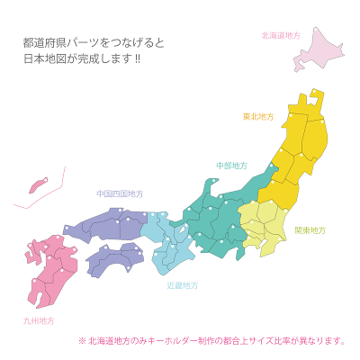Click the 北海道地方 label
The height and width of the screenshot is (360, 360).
280,36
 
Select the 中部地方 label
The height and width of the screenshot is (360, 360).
232,166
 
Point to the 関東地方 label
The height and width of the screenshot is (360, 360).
310,230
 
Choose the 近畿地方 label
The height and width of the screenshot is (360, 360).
183,285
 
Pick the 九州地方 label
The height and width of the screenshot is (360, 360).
39,320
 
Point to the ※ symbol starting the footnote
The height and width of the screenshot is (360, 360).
82,341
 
